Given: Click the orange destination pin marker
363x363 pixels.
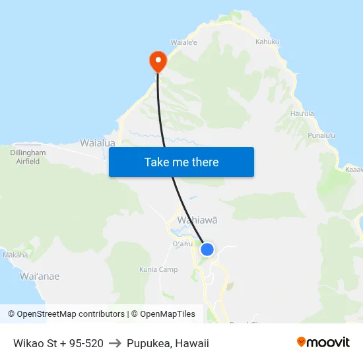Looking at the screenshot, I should [x=158, y=61].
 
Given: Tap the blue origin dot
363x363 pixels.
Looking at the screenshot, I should [x=207, y=249].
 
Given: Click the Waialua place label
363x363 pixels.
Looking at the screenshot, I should [x=98, y=143].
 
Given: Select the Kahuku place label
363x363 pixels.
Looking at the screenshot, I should [x=267, y=42].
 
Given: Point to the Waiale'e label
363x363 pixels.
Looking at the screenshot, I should [x=184, y=42].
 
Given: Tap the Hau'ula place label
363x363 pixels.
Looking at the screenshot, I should [x=302, y=114].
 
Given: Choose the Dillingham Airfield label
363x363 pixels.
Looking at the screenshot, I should [x=28, y=156].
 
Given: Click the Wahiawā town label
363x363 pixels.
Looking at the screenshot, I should [x=197, y=220].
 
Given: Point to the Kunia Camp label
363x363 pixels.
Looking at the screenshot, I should [x=158, y=269].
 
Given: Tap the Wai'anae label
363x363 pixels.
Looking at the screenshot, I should [x=40, y=277].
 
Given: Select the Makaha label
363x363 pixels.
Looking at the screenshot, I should [x=15, y=255].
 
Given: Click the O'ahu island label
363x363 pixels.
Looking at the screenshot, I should [x=182, y=244].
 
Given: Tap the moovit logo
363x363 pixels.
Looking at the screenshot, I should [x=323, y=342].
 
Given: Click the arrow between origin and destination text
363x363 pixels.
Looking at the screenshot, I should [x=115, y=343].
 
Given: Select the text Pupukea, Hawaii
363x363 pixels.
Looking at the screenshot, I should [x=168, y=343].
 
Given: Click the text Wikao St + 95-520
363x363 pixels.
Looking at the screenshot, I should [x=58, y=343].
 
